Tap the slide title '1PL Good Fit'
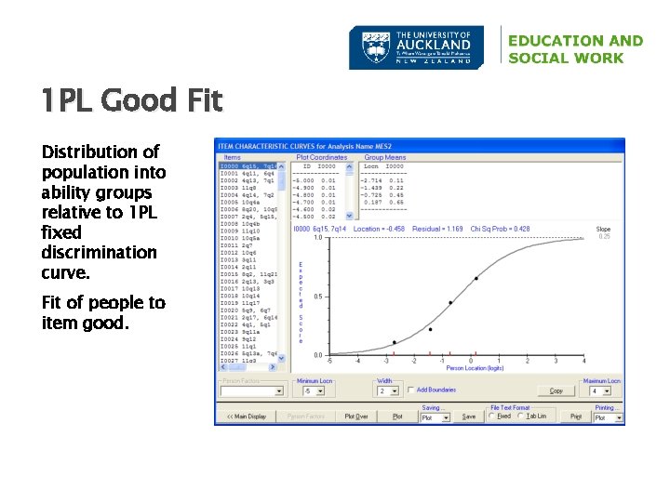coord(131,99)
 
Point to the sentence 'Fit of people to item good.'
coord(103,312)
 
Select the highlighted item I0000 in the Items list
coord(247,165)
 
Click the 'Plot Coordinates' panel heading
coord(322,157)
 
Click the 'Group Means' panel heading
coord(385,157)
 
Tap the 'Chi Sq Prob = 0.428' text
coord(499,228)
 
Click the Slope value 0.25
coord(604,236)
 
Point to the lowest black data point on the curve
coord(395,342)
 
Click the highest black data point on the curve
coord(476,278)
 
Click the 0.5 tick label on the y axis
coord(318,297)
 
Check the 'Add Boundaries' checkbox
coord(410,390)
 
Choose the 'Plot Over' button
coord(356,416)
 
